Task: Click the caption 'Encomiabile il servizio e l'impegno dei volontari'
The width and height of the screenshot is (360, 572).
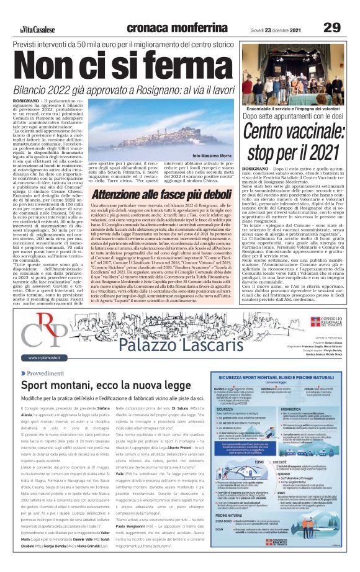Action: [x=294, y=109]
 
